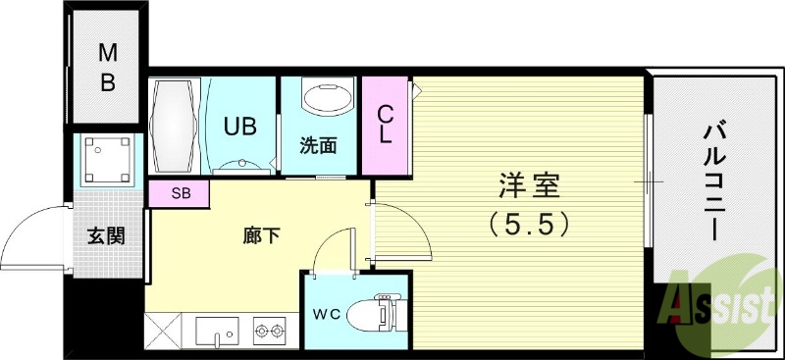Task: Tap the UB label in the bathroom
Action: (x=240, y=126)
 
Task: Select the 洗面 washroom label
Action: (x=319, y=146)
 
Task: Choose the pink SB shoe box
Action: (x=181, y=193)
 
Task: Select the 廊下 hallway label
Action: (x=262, y=234)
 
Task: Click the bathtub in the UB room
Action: (x=176, y=127)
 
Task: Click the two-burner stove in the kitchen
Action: (x=268, y=332)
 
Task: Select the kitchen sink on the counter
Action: (x=217, y=331)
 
